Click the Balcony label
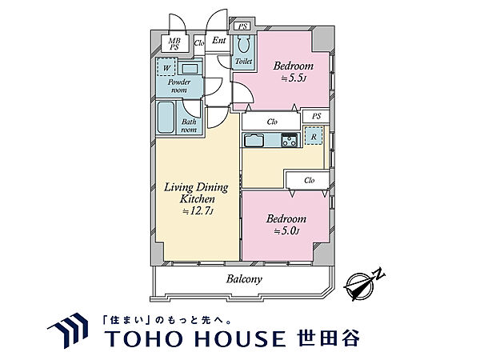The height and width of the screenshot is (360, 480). [242, 280]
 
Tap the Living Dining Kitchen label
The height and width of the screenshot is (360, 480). [197, 192]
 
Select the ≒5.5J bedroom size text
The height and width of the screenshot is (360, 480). [291, 79]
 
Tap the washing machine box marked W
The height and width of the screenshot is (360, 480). [166, 69]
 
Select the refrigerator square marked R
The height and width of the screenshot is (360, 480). [314, 136]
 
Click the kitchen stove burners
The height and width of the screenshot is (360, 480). [288, 141]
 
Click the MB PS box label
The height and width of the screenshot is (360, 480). [174, 44]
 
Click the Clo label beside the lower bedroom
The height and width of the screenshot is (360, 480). [309, 181]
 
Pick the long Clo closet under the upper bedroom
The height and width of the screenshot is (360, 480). [272, 122]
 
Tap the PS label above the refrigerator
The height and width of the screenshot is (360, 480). [317, 116]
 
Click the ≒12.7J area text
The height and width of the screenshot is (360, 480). [197, 211]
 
